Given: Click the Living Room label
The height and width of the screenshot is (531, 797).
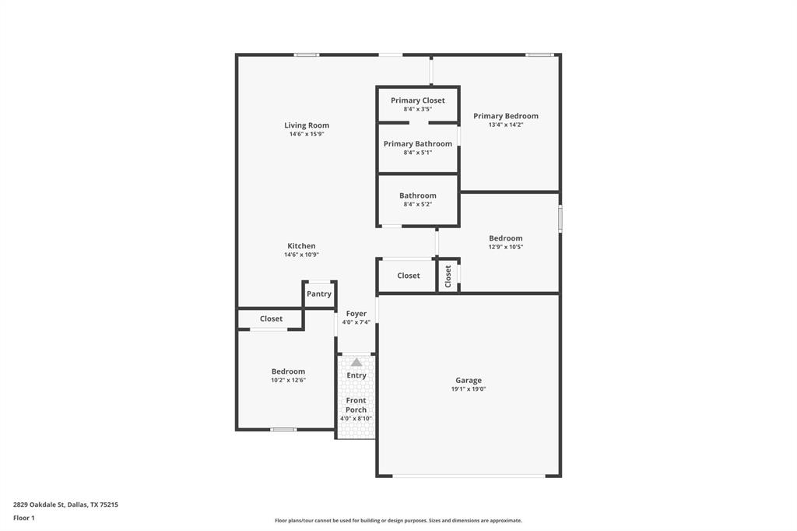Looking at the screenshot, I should tap(307, 125).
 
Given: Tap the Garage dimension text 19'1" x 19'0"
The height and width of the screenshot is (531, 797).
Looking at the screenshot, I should tap(469, 389).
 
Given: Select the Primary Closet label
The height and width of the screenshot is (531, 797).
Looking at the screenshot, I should tap(418, 100).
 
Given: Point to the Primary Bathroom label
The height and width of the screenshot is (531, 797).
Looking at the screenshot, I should tap(418, 144).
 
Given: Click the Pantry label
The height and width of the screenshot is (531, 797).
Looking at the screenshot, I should tap(319, 294).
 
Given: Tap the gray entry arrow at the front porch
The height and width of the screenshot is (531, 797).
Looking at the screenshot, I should tap(356, 362).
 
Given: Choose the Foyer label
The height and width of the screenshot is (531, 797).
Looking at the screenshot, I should tap(356, 314).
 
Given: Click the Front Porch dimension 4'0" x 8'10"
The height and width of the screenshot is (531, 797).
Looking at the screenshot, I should tap(356, 419).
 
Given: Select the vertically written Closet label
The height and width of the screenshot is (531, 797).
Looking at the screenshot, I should tap(448, 276).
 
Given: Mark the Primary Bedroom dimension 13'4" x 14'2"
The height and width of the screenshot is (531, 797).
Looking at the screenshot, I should tap(506, 125).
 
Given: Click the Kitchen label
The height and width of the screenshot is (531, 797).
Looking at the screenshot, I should tap(301, 246).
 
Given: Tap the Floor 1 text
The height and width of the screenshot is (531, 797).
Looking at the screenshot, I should tap(24, 518).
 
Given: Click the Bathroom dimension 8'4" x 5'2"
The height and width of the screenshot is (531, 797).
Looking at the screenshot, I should tap(418, 204).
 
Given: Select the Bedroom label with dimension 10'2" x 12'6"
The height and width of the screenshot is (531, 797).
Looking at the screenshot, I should tap(288, 371).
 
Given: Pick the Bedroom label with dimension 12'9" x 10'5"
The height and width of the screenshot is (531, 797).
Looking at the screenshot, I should tap(506, 238).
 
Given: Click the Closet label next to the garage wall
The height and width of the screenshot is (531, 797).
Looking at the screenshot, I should tap(409, 276).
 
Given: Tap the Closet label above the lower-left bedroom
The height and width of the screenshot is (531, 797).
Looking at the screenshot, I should tap(272, 318).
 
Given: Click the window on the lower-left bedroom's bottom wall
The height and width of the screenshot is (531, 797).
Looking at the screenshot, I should tap(283, 430).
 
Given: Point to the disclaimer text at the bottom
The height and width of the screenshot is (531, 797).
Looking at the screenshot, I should tap(398, 521).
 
